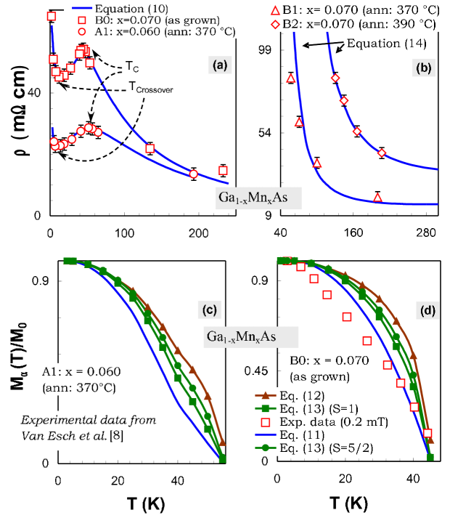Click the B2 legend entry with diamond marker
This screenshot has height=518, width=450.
[x=375, y=23]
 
